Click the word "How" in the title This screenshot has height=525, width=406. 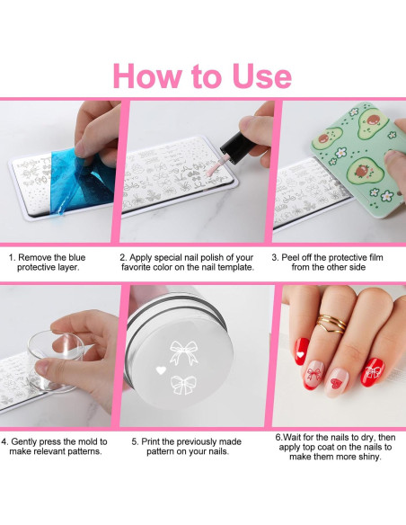tap(149, 76)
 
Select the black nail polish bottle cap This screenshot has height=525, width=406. tap(235, 147)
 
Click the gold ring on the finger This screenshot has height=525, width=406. tap(332, 324)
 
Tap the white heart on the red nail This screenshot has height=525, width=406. tap(301, 354)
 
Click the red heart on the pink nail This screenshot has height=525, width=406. tap(337, 382)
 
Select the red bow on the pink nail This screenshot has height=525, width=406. tap(314, 374)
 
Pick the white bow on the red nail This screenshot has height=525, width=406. tap(372, 371)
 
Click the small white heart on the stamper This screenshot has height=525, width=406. tap(161, 370)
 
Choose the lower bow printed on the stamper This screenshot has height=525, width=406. tap(183, 385)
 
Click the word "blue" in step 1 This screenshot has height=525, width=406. tap(77, 257)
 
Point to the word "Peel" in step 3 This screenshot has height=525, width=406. tap(291, 257)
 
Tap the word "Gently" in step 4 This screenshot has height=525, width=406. tap(23, 442)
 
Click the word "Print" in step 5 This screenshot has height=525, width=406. tap(150, 441)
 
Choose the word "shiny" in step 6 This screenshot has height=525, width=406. tap(369, 457)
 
